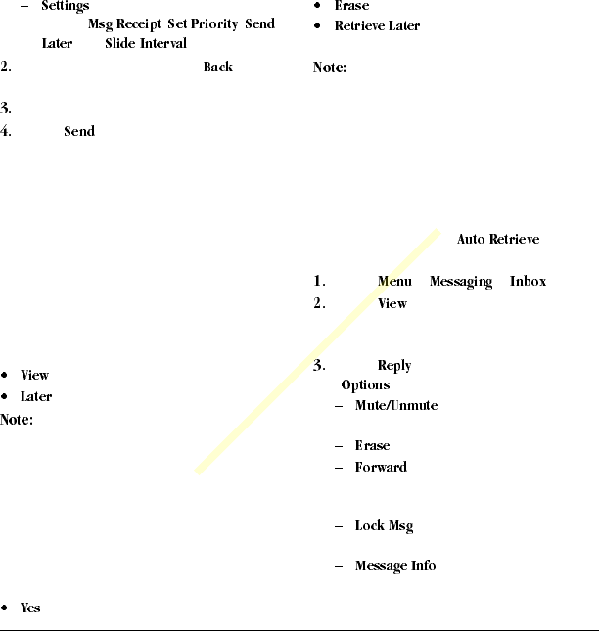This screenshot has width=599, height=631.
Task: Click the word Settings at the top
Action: [x=65, y=7]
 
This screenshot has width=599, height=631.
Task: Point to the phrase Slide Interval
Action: [x=145, y=44]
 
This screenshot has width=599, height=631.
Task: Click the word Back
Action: [x=217, y=68]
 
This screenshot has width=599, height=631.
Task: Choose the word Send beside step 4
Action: [x=79, y=131]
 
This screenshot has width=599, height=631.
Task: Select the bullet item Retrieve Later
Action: [x=377, y=26]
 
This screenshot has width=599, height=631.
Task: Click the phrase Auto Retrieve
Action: [x=498, y=240]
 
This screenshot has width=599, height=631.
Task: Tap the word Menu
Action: [x=394, y=282]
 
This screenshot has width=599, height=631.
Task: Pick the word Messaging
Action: [x=460, y=282]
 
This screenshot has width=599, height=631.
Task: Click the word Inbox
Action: [x=528, y=282]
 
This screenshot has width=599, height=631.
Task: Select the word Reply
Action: [x=394, y=366]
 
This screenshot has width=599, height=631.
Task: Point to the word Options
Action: [x=365, y=385]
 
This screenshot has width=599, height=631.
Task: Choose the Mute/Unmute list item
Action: [x=396, y=405]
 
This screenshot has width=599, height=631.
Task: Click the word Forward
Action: [x=381, y=468]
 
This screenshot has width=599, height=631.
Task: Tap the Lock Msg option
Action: [x=384, y=526]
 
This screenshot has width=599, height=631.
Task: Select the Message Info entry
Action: [x=395, y=566]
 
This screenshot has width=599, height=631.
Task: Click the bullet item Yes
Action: [x=30, y=608]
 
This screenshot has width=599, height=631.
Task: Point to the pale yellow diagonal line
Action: [x=318, y=352]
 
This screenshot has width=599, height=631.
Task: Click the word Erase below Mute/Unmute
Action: [x=372, y=446]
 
